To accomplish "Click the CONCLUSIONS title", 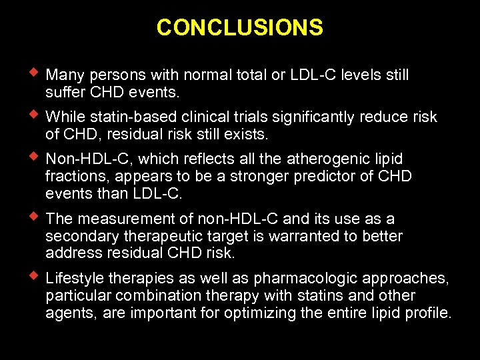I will pos(239,27).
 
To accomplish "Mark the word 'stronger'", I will pos(265,177).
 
